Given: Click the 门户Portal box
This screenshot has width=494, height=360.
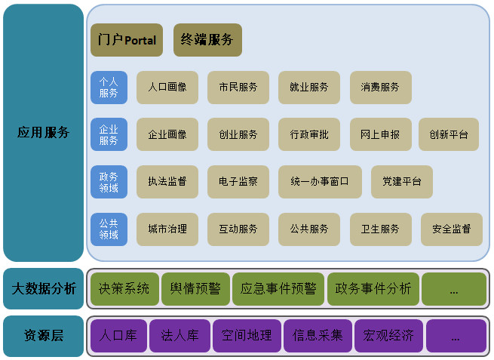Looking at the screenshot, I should tap(127, 40).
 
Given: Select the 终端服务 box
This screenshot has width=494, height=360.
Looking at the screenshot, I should tap(207, 40).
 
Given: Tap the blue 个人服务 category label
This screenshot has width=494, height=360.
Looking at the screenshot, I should tap(109, 88).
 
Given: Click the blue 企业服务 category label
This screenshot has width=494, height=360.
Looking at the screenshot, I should tap(109, 134).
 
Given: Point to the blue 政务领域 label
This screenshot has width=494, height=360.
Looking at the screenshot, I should tap(109, 182).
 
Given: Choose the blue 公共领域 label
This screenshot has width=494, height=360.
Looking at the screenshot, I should tap(109, 229).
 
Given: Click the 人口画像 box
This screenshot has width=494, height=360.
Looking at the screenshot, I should tap(167, 88).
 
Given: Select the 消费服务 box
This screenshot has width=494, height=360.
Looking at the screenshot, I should tap(380, 88).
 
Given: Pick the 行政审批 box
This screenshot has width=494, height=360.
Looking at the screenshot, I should tap(309, 134).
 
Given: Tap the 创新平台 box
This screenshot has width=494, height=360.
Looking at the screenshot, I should tap(449, 134).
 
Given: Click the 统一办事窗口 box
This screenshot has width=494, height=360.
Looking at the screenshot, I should tap(320, 182).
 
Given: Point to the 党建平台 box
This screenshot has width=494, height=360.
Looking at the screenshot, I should tap(401, 182).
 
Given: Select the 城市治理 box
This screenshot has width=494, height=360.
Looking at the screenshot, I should tap(167, 229).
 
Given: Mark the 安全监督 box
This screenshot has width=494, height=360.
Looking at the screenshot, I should tap(451, 229).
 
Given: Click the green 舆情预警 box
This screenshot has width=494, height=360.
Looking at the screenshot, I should tap(195, 288).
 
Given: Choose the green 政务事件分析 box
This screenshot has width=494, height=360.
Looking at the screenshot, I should tap(373, 288).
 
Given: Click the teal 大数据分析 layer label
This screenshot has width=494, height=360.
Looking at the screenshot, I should tap(43, 288).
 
